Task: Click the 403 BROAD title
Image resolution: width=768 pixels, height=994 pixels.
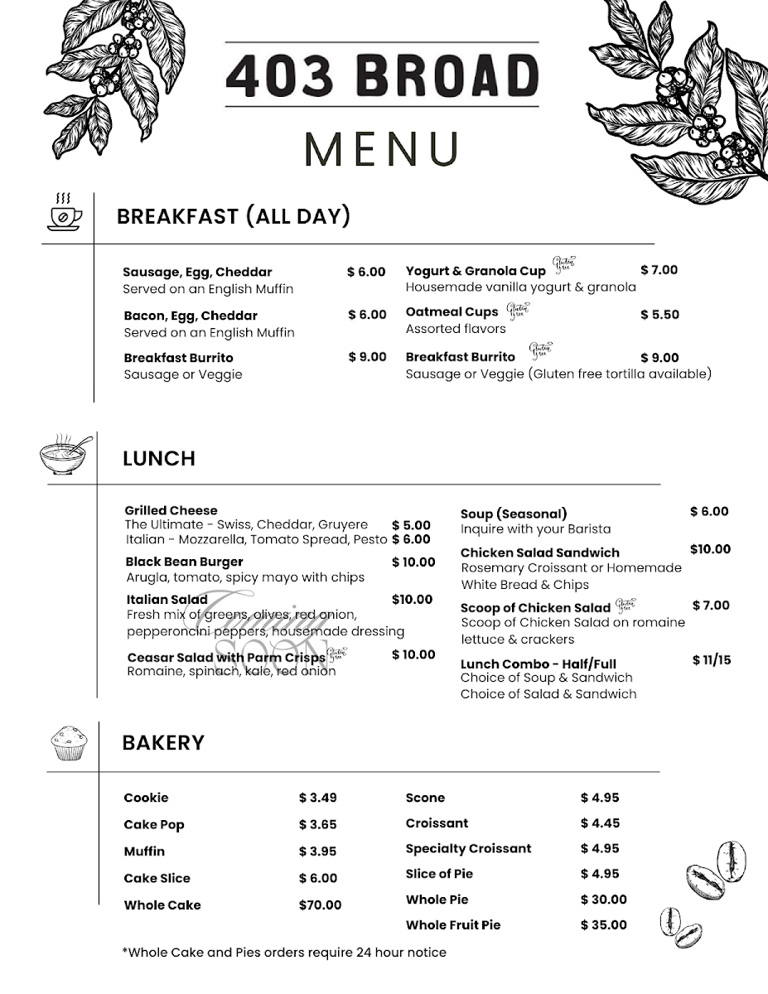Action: pyautogui.click(x=382, y=75)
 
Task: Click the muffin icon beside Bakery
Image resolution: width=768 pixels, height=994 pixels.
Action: pyautogui.click(x=69, y=742)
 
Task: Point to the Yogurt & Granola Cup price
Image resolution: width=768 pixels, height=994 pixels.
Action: pyautogui.click(x=659, y=270)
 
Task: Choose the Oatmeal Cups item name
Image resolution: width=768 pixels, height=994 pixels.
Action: pyautogui.click(x=452, y=312)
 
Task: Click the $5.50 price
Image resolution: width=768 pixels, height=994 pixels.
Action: pyautogui.click(x=659, y=315)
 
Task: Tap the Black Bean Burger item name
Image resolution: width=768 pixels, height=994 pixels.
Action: pyautogui.click(x=185, y=562)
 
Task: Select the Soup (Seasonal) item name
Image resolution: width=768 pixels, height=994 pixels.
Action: pyautogui.click(x=514, y=514)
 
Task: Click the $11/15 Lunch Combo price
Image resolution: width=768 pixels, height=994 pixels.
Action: pyautogui.click(x=712, y=661)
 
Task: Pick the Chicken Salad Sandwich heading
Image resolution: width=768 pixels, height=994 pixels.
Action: pyautogui.click(x=539, y=552)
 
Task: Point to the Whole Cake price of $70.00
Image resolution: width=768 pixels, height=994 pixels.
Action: pyautogui.click(x=320, y=905)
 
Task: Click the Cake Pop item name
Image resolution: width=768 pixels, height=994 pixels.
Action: pyautogui.click(x=154, y=825)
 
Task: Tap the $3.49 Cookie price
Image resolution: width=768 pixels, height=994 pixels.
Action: pyautogui.click(x=318, y=799)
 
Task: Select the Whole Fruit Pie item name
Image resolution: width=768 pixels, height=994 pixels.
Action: pyautogui.click(x=453, y=925)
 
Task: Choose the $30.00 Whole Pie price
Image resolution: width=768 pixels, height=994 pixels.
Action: pyautogui.click(x=604, y=900)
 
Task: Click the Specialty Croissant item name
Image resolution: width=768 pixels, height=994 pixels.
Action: pyautogui.click(x=468, y=849)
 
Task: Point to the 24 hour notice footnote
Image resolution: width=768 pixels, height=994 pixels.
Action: pyautogui.click(x=284, y=953)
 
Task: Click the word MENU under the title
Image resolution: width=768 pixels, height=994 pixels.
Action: pyautogui.click(x=382, y=148)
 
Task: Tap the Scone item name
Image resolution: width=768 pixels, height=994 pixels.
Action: pyautogui.click(x=425, y=799)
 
